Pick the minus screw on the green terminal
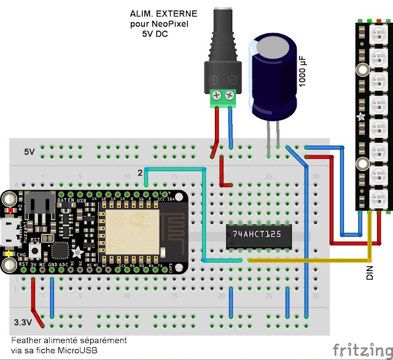click(x=231, y=96)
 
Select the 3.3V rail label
click(x=25, y=321)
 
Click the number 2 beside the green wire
click(x=140, y=174)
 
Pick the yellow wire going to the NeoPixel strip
click(x=307, y=259)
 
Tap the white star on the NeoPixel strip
click(x=360, y=116)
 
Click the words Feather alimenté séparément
click(x=69, y=339)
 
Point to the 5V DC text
click(x=155, y=34)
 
